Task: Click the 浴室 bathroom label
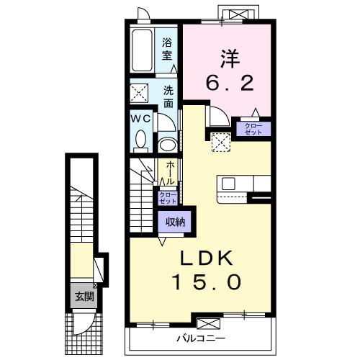167,49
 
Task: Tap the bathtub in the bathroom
142,50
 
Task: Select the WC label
140,118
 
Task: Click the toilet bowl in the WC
140,139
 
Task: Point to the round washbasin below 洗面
168,145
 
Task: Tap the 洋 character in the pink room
230,58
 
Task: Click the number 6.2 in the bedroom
230,83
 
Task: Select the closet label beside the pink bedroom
253,129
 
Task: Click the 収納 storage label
176,222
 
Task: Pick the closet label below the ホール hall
168,198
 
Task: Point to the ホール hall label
170,173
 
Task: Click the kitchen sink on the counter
228,184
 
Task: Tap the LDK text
207,258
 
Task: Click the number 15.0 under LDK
207,282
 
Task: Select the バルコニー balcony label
201,338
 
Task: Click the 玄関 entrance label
84,297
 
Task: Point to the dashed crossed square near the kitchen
221,142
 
